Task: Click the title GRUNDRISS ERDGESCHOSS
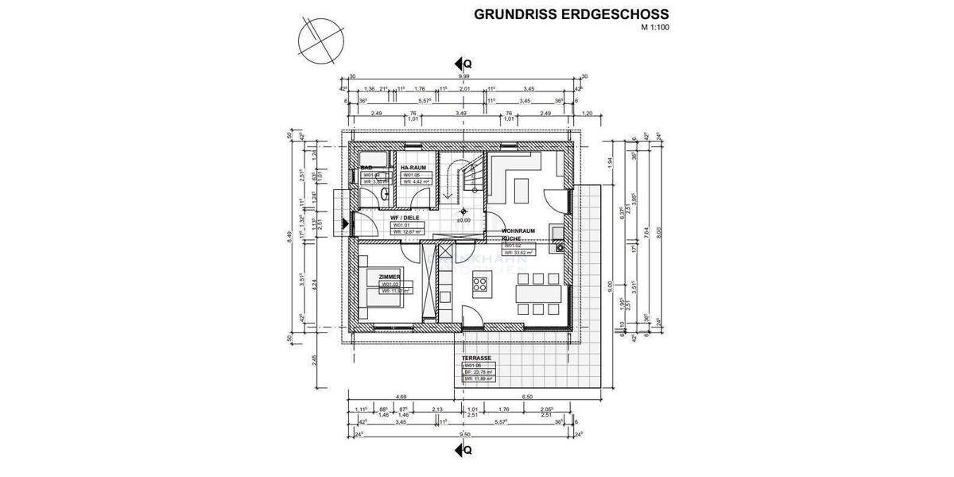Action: (571, 14)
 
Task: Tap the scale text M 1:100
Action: (655, 28)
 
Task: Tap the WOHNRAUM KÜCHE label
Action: (518, 235)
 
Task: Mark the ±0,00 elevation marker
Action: (464, 220)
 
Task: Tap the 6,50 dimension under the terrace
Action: (527, 397)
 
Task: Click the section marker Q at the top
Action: (463, 63)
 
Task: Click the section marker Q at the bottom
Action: (463, 450)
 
